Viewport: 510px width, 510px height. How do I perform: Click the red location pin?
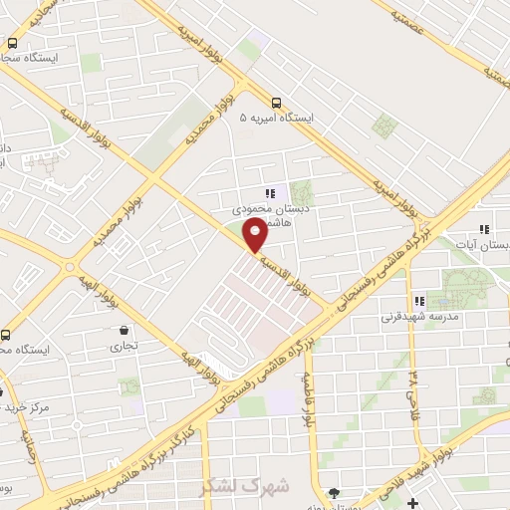click(x=255, y=235)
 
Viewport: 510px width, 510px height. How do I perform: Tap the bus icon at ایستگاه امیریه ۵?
click(x=276, y=102)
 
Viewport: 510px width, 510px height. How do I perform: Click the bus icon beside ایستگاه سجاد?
click(x=12, y=44)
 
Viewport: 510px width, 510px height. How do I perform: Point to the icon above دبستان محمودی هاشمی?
click(x=269, y=193)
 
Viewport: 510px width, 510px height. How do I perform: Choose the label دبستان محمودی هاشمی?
click(x=263, y=218)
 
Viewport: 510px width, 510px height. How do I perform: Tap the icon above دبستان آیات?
click(x=483, y=227)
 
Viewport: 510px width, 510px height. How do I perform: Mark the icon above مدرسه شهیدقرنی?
click(x=419, y=300)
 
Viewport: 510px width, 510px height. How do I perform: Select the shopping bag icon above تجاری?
click(x=123, y=331)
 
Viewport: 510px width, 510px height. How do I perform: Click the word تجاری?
click(x=124, y=347)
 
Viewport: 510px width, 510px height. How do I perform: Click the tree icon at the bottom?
click(x=333, y=492)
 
